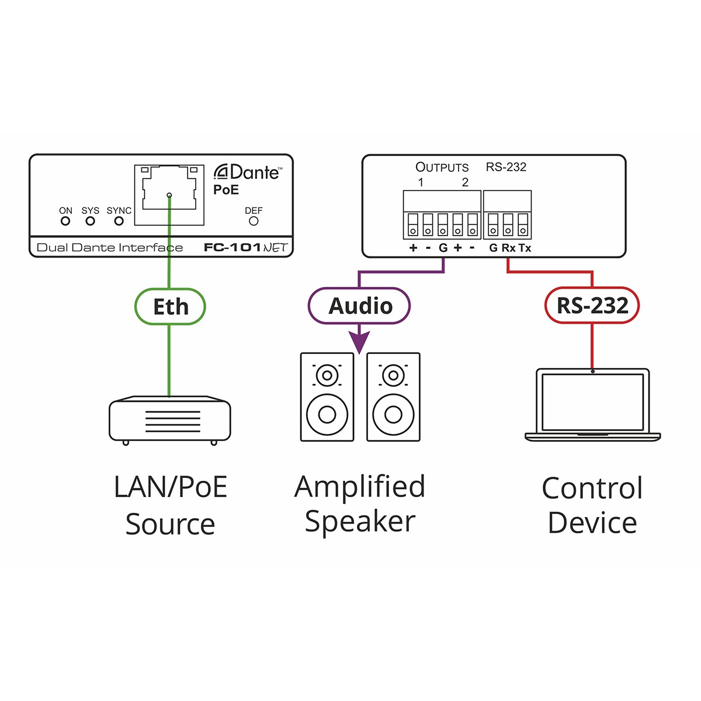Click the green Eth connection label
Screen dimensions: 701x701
pos(170,307)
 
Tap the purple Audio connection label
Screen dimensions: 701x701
pos(359,306)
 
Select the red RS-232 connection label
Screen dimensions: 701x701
pos(592,306)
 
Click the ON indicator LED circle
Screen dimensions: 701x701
pos(65,221)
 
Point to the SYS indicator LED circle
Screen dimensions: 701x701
pos(90,221)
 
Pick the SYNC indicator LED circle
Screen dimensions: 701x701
pos(119,221)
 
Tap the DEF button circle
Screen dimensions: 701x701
pos(254,221)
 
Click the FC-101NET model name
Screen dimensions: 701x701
pos(246,248)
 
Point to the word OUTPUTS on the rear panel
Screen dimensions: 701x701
pos(442,168)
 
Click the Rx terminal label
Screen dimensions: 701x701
pos(509,248)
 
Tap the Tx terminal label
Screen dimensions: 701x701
pos(525,248)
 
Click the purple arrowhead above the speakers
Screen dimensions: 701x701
pos(359,342)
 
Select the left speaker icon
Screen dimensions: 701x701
pos(327,397)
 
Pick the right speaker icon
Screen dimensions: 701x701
pos(393,397)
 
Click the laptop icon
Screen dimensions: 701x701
pos(592,404)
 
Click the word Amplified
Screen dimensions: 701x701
pos(359,487)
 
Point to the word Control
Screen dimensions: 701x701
pos(592,488)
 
